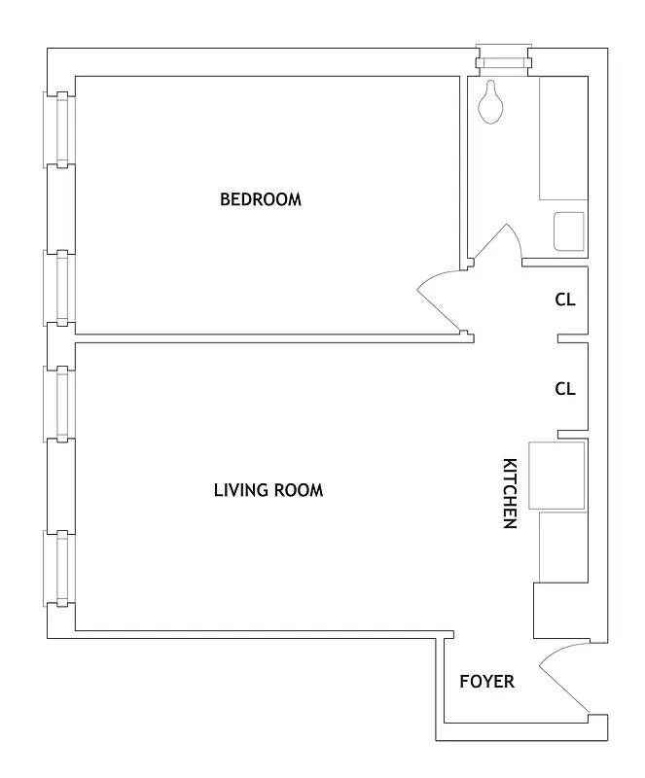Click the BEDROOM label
[261, 199]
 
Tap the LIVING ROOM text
[268, 489]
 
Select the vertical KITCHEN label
[508, 493]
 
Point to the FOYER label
[486, 682]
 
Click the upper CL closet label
[565, 300]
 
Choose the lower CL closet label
[565, 388]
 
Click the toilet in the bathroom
[492, 102]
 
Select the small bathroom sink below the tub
[568, 230]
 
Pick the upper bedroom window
[62, 128]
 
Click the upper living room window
[62, 403]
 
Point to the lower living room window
[62, 567]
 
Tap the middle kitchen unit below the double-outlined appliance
[562, 547]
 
